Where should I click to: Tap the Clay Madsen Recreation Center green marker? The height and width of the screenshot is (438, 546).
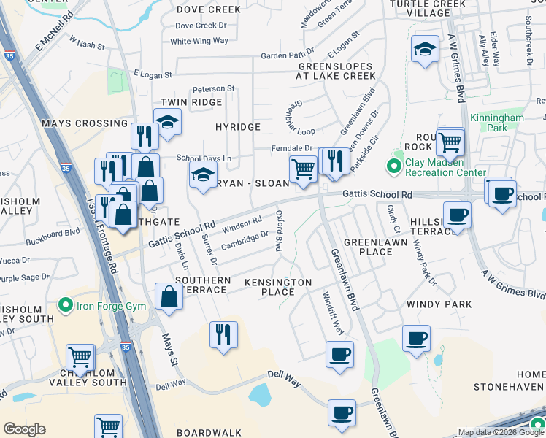tap(395, 166)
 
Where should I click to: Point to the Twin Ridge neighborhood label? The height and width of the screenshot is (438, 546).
tap(185, 102)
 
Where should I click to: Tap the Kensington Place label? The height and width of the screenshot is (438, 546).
tap(278, 287)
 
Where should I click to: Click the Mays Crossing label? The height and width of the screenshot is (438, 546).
tap(85, 123)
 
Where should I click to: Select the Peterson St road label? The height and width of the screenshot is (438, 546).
tap(213, 89)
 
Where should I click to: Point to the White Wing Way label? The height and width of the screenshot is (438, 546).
tap(199, 42)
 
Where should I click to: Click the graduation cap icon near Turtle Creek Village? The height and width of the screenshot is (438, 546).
tap(425, 49)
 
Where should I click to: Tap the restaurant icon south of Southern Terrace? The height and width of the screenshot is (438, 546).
tap(223, 334)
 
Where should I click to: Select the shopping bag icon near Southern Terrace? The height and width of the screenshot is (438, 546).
tap(169, 296)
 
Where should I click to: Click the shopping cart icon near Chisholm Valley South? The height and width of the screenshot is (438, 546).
tap(80, 358)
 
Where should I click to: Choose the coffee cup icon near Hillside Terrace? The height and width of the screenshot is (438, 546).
tap(457, 215)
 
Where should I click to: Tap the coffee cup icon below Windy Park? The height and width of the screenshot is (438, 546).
tap(416, 338)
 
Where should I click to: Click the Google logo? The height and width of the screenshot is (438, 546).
tap(25, 429)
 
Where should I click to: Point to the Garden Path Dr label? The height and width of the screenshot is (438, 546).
tap(287, 55)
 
